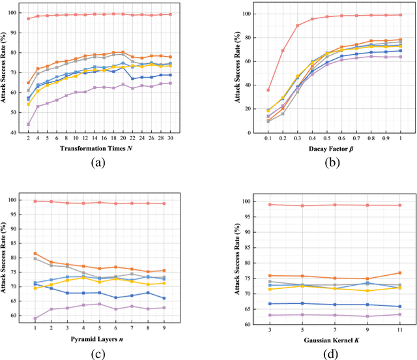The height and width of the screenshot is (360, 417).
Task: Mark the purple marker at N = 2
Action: pyautogui.click(x=28, y=124)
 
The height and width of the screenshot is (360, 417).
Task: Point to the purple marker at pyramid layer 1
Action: pyautogui.click(x=35, y=318)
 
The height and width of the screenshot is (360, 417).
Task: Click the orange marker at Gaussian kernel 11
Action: pyautogui.click(x=399, y=273)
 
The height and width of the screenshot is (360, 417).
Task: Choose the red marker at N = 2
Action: pyautogui.click(x=28, y=18)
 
